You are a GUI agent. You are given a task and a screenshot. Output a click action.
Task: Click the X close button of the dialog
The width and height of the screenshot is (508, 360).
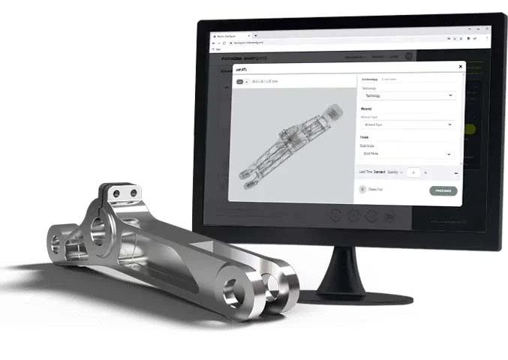coord(460,67)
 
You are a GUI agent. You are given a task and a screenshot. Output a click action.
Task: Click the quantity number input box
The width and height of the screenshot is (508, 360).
coord(413,172)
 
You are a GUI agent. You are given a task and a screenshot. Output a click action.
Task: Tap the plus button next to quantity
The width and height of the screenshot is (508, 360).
coord(426,172)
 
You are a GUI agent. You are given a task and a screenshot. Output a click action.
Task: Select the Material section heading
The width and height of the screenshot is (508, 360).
coord(367,109)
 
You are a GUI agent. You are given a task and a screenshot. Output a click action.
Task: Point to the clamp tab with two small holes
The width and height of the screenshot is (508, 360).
coord(125,194)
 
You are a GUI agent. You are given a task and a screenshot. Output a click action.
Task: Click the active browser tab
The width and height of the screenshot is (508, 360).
coord(233,34)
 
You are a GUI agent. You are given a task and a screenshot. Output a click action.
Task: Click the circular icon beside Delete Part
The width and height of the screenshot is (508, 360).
coord(362,190)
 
